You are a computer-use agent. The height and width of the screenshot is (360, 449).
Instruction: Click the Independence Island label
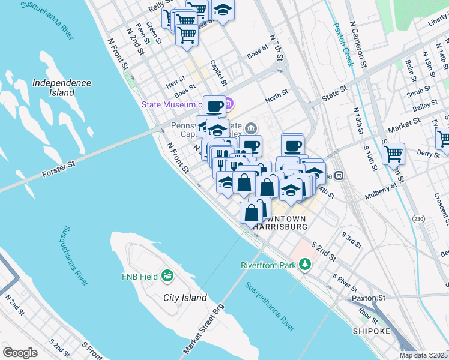coord(62,88)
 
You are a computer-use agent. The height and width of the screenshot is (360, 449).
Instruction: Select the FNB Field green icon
coord(167,276)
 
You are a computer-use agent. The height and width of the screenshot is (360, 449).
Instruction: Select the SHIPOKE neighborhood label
coord(372,331)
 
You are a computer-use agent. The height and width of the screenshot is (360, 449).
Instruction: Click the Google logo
coord(20,352)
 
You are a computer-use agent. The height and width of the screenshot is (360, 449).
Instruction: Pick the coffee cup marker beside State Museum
coord(215,107)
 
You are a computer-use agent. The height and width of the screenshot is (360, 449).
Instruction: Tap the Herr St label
coord(176,80)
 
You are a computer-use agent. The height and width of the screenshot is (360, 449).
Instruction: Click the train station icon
coord(339,176)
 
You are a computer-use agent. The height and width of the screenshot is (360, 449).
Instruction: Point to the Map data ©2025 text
coord(423,355)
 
